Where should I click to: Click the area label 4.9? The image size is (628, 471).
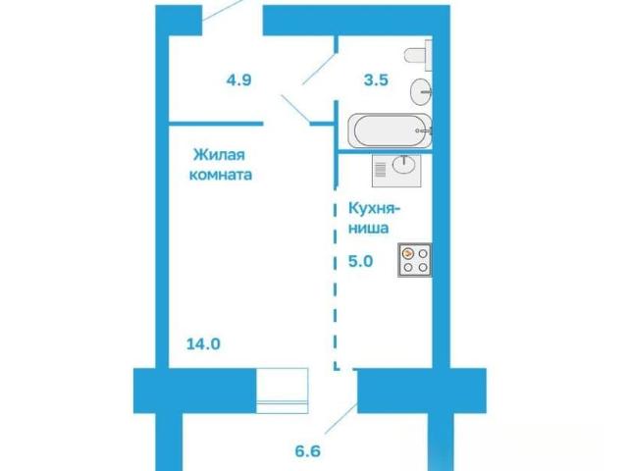click(x=238, y=80)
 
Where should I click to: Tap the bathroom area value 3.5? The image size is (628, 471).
click(x=376, y=80)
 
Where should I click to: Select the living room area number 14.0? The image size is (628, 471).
click(x=203, y=344)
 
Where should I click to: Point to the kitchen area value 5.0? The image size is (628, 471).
click(x=361, y=262)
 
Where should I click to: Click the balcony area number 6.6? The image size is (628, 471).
click(x=308, y=451)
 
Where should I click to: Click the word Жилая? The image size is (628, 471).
click(x=219, y=155)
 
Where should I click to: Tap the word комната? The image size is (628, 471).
click(x=220, y=175)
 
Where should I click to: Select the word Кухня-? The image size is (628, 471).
click(x=375, y=209)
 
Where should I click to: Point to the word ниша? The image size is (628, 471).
click(x=369, y=229)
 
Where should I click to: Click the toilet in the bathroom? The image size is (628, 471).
click(x=419, y=55)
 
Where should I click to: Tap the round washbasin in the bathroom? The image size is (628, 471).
click(x=421, y=91)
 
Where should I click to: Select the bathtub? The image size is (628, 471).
click(x=391, y=131)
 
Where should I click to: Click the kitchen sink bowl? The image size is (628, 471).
click(x=404, y=165)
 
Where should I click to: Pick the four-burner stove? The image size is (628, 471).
click(x=415, y=260)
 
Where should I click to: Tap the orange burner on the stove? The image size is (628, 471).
click(x=408, y=253)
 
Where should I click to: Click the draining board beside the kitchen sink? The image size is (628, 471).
click(x=381, y=170)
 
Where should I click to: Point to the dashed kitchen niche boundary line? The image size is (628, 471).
click(x=336, y=278)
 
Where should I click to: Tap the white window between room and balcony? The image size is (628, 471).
click(x=282, y=391)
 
